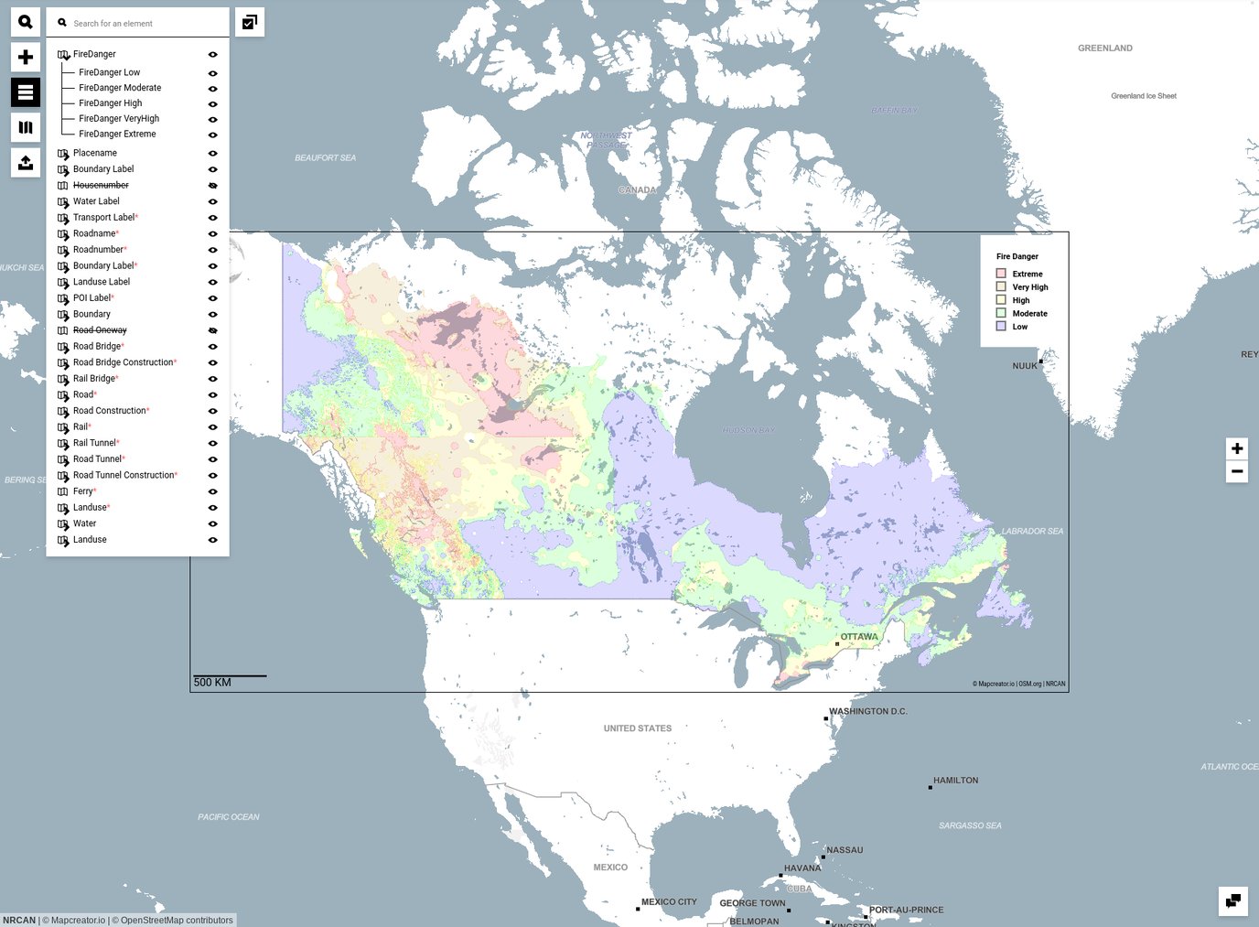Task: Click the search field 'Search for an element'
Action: [142, 23]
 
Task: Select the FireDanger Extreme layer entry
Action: [117, 134]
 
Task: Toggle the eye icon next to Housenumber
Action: [212, 186]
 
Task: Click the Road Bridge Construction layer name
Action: [123, 362]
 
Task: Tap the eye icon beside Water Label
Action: [212, 201]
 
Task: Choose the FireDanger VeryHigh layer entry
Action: [119, 118]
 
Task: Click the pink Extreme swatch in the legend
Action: [1001, 274]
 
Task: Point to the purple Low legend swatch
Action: [1001, 326]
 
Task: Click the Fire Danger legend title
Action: [1017, 256]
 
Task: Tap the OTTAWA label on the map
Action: [858, 637]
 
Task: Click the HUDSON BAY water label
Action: [748, 430]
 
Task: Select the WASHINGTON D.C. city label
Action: [867, 711]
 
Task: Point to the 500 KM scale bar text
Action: [212, 683]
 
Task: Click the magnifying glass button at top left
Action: [26, 22]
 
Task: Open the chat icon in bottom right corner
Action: [1232, 900]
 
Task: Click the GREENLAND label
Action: [1104, 49]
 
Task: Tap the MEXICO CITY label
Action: [669, 902]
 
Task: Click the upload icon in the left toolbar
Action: [26, 163]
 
